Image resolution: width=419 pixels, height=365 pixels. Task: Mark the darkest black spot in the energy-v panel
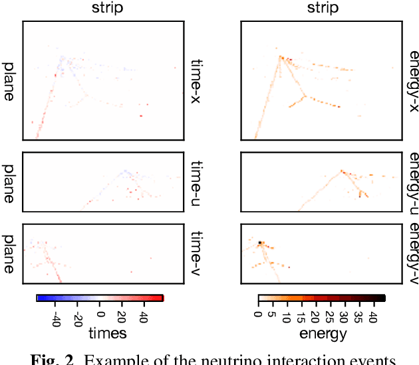261,244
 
